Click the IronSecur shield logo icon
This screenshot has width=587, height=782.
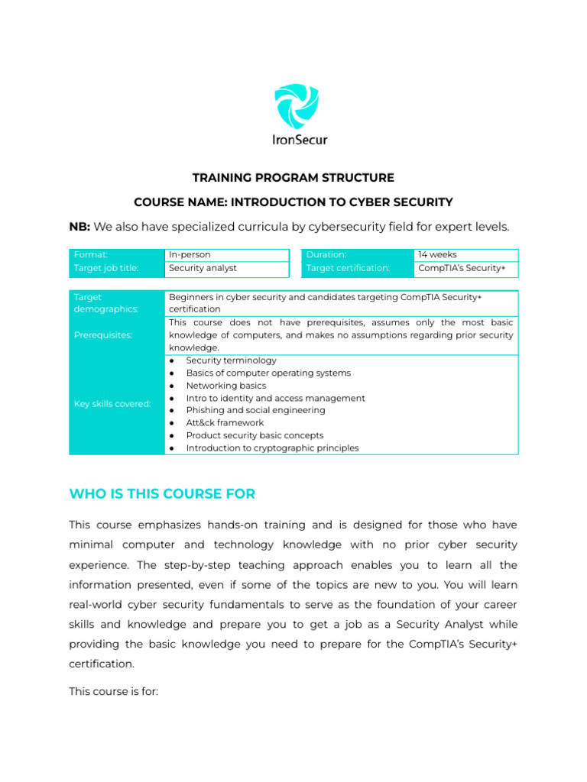pos(296,107)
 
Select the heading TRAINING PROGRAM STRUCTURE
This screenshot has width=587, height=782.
pos(293,178)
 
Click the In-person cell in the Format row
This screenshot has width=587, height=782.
pos(190,254)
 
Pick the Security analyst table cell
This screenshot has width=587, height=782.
pos(203,268)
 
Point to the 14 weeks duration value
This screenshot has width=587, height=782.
pos(437,254)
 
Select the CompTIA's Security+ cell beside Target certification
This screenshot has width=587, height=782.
pos(462,268)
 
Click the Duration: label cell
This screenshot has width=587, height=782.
pos(326,254)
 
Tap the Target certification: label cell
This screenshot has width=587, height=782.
pos(348,268)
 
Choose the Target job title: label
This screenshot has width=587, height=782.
pos(106,268)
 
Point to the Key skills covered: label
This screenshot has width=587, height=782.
pos(112,403)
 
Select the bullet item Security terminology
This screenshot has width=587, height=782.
pos(231,360)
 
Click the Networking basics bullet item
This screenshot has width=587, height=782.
pos(225,386)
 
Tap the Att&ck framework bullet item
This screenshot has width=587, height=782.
pos(225,422)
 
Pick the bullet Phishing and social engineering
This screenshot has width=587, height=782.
pos(255,410)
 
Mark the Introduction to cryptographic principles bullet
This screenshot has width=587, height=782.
pos(272,448)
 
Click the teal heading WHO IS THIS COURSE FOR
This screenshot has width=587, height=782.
pos(162,494)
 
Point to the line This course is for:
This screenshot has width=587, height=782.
pos(113,692)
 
